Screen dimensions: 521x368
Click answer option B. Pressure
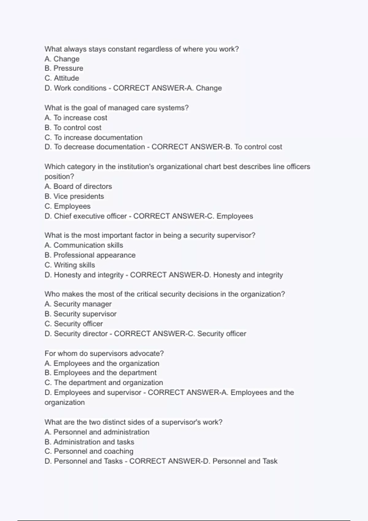(x=64, y=68)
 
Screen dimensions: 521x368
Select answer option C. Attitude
(x=62, y=78)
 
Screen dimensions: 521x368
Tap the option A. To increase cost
(x=76, y=118)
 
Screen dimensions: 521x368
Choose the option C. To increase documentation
(x=94, y=137)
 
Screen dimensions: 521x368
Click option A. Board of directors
(x=78, y=186)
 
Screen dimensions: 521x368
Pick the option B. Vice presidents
(x=74, y=196)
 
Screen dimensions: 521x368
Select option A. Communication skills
(x=84, y=245)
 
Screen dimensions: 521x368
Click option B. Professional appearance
(x=90, y=255)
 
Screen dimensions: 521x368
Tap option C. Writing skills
(x=70, y=265)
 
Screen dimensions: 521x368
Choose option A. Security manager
(x=78, y=304)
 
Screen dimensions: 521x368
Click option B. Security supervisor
(x=80, y=314)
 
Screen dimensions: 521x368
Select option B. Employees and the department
(x=101, y=373)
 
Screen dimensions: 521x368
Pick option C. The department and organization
(x=104, y=382)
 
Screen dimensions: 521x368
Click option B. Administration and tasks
(x=89, y=442)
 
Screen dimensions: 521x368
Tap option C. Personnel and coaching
(x=89, y=451)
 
